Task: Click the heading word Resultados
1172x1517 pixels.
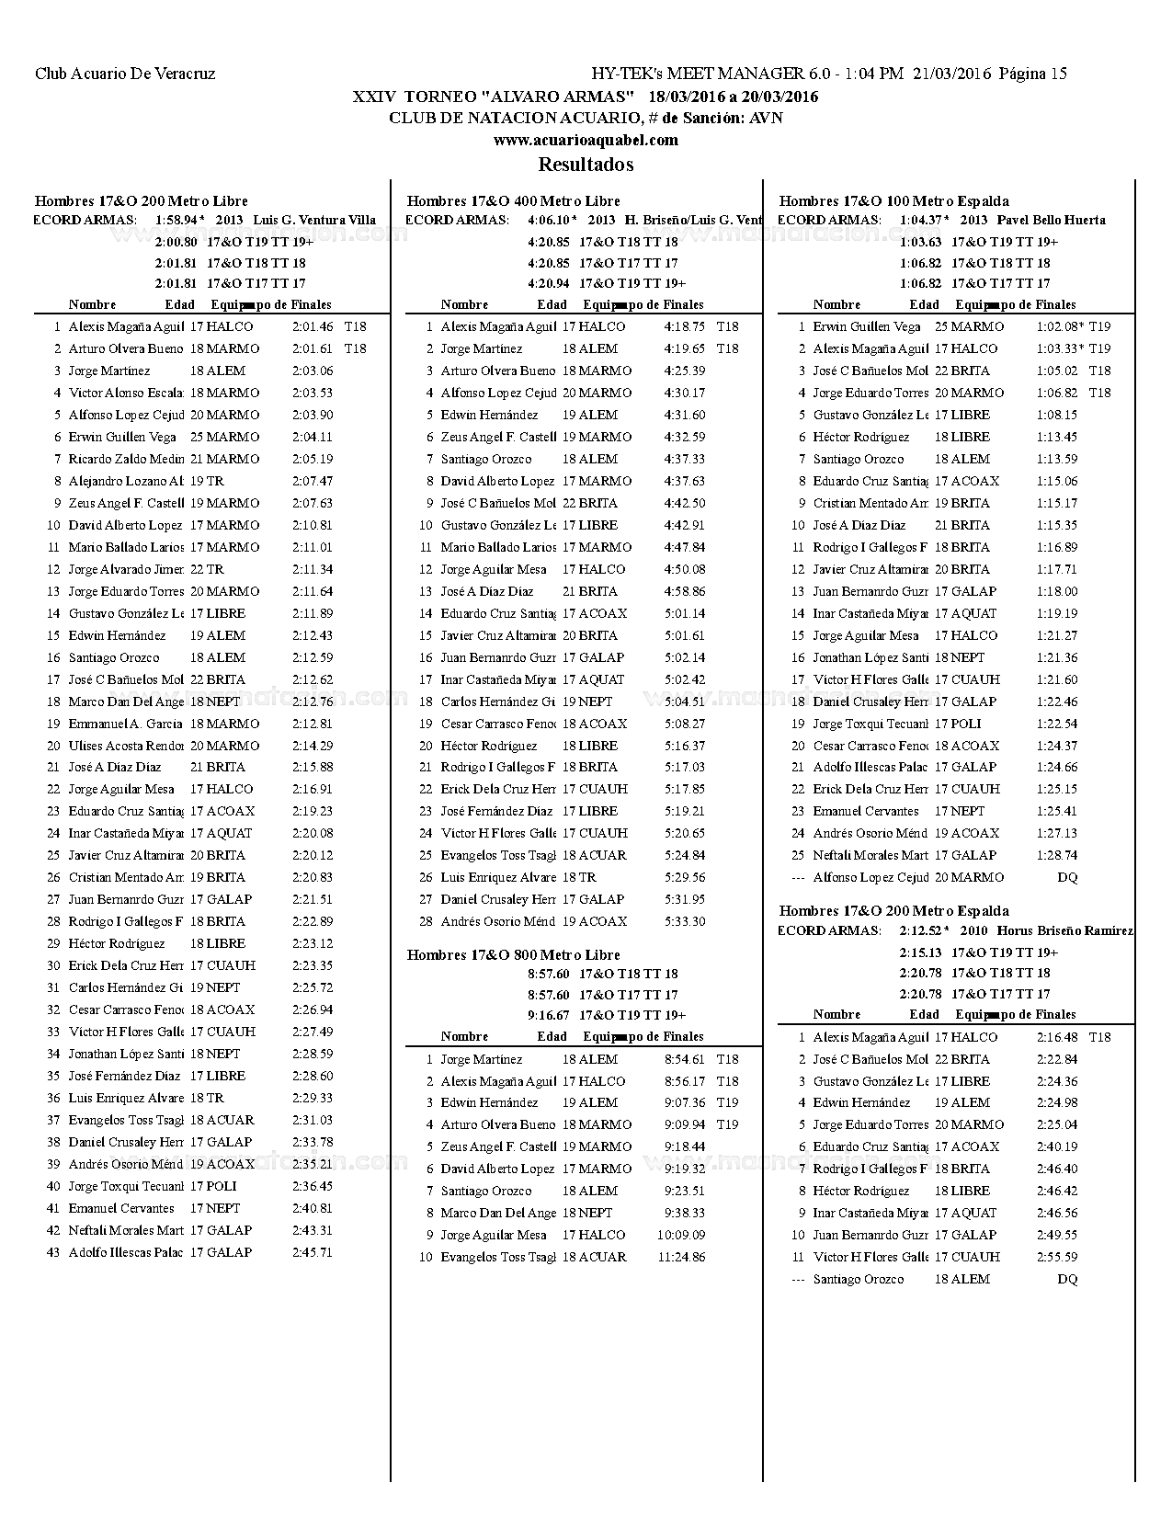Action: coord(586,165)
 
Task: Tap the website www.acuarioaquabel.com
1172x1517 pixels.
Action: coord(586,140)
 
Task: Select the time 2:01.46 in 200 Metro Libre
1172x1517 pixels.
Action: coord(313,326)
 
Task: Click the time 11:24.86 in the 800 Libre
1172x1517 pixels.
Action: coord(681,1257)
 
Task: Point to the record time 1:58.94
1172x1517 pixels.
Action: coord(176,221)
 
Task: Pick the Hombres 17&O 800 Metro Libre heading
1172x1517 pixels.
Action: coord(513,954)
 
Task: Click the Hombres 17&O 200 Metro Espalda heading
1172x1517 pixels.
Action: coord(893,911)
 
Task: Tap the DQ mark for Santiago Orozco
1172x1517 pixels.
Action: coord(1066,1279)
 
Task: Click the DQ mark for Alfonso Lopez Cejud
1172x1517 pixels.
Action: coord(1066,877)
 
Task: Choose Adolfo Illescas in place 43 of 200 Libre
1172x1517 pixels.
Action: coord(125,1252)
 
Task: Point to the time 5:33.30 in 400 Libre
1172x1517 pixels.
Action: coord(685,921)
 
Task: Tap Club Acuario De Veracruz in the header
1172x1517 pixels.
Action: coord(125,74)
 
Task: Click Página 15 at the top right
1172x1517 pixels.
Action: coord(1032,74)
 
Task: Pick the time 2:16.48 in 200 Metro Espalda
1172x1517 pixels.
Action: coord(1057,1037)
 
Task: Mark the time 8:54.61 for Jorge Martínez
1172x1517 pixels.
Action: coord(685,1059)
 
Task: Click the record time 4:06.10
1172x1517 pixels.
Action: coord(549,221)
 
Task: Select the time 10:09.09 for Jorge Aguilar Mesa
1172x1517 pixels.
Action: coord(681,1235)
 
